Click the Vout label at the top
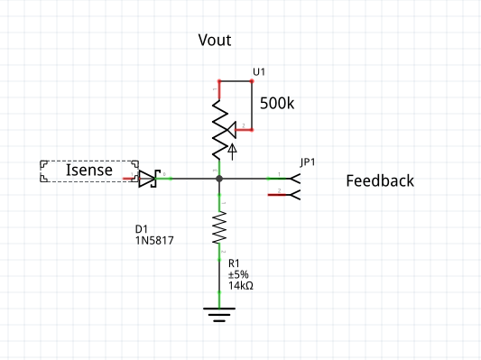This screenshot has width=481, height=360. [215, 41]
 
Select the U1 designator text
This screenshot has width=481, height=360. [259, 71]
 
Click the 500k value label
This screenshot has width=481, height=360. [277, 103]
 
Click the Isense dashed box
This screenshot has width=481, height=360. [88, 171]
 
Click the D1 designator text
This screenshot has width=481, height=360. [142, 230]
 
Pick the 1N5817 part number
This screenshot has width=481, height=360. [154, 242]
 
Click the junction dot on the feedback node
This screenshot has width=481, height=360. [219, 179]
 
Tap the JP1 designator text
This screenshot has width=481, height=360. [308, 162]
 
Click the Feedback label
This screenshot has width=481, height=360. [380, 180]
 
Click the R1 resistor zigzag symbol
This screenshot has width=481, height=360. [219, 227]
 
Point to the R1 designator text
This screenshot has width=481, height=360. [234, 263]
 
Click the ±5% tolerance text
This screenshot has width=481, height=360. [238, 273]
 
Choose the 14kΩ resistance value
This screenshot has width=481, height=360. [241, 285]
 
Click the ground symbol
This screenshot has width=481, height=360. [219, 314]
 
